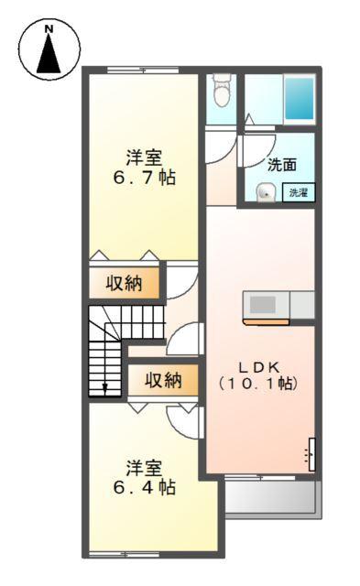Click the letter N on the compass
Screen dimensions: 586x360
(49, 30)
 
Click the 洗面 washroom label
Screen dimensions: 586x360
(282, 165)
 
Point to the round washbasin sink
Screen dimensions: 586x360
(266, 192)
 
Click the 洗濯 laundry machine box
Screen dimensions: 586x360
(298, 192)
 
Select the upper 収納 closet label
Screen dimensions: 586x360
(126, 283)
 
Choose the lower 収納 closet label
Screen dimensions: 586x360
(162, 378)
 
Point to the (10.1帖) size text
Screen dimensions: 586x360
(257, 384)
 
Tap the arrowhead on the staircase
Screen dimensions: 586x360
(105, 388)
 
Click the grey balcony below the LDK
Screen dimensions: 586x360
(271, 498)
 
